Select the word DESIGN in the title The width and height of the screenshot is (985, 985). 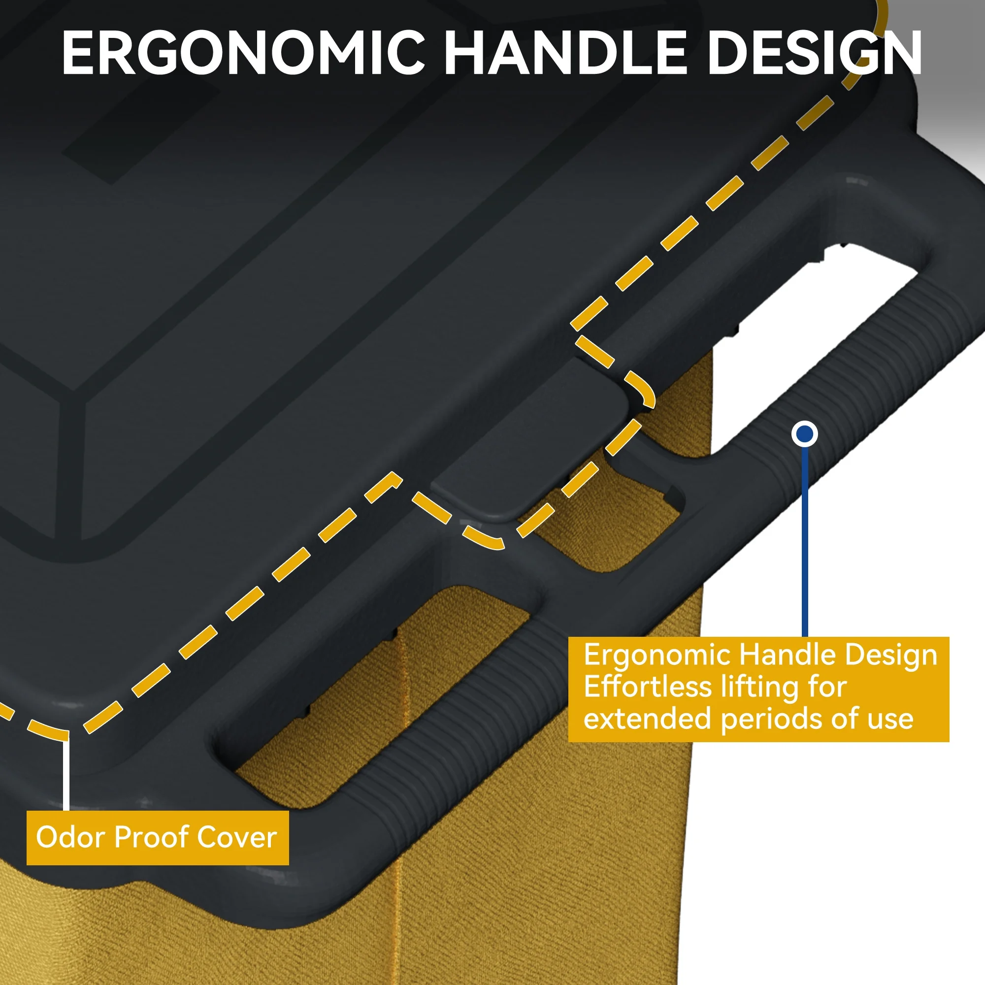coord(815,53)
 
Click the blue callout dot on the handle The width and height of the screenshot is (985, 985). coord(805,434)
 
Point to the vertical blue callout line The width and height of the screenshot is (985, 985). coord(805,542)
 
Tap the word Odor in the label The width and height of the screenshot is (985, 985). coord(72,837)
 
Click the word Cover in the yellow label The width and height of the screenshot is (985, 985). coord(236,837)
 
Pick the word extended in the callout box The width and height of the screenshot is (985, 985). coord(648,719)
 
